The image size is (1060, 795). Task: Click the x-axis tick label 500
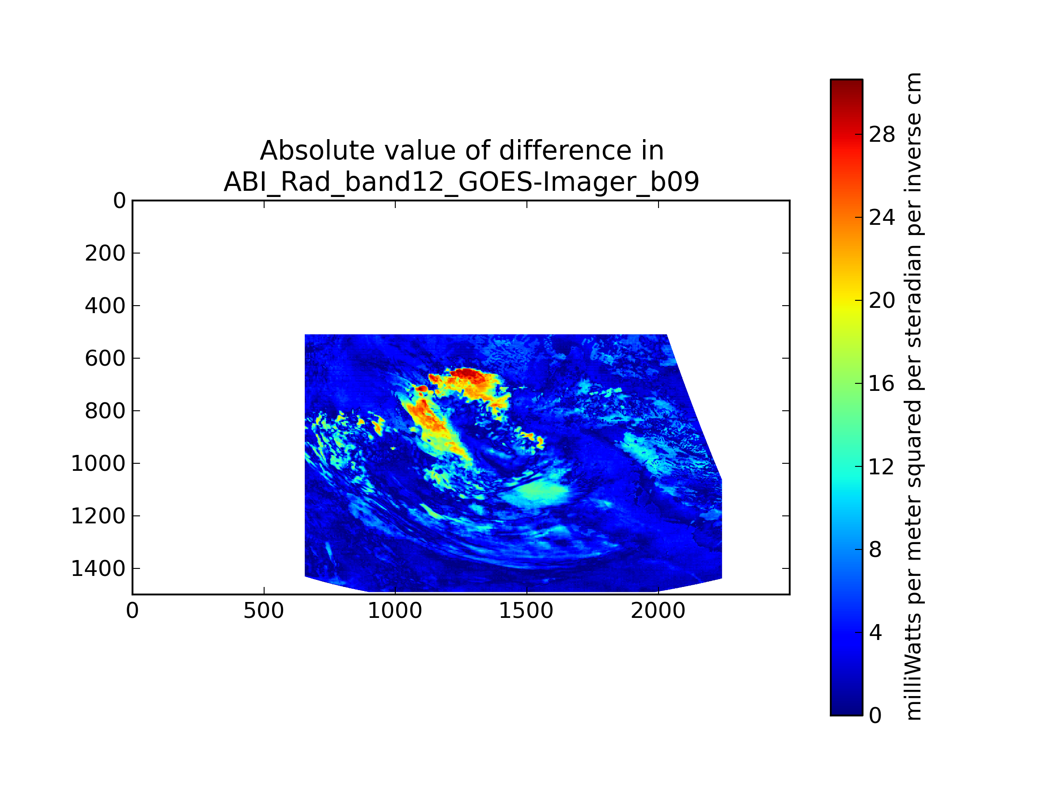click(x=264, y=611)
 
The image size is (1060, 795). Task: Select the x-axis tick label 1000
click(x=395, y=611)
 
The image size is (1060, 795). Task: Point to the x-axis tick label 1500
click(x=526, y=611)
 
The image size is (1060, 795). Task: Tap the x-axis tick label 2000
click(x=658, y=611)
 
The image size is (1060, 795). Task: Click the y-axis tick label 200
click(x=105, y=254)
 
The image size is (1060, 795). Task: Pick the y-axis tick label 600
click(x=105, y=359)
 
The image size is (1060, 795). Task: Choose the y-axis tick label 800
click(x=105, y=411)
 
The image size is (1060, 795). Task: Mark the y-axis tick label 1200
click(x=98, y=516)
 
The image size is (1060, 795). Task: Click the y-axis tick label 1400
click(x=98, y=569)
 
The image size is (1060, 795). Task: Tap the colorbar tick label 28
click(x=882, y=135)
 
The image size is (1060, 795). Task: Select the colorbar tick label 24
click(x=882, y=218)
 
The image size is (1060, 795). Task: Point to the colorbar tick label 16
click(x=882, y=383)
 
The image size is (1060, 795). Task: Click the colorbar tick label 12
click(x=882, y=467)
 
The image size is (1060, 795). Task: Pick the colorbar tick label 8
click(x=875, y=549)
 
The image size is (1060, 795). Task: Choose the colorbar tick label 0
click(x=875, y=716)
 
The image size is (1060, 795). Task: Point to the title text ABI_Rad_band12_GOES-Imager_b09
click(x=462, y=182)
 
